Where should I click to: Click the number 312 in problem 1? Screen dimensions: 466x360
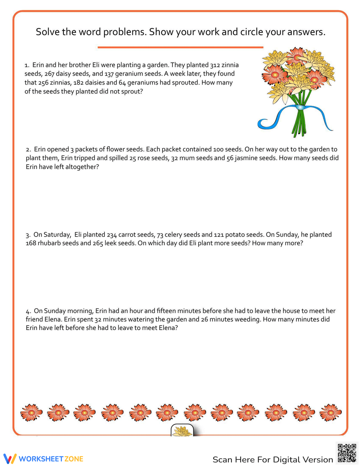(215, 65)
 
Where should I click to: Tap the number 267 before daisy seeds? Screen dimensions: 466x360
(49, 74)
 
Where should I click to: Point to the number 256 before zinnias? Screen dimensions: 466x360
(44, 82)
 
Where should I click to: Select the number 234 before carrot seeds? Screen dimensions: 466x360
(112, 235)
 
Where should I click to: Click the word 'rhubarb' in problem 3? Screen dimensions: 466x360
(49, 243)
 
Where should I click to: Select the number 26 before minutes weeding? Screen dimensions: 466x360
(205, 319)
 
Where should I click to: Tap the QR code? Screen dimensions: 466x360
(347, 453)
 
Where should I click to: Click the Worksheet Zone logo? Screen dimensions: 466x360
(43, 459)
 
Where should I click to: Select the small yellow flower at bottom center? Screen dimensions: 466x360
(182, 431)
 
